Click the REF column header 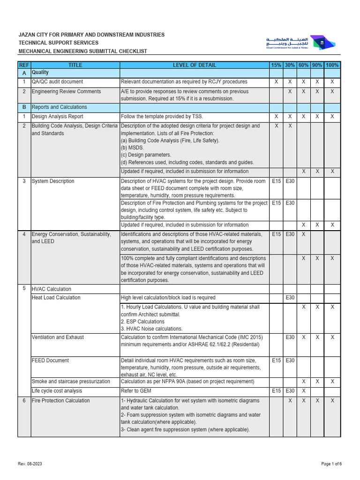23,65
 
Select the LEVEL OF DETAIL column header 195,65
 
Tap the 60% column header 303,65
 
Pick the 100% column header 332,65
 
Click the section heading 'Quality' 40,73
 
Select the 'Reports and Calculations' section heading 59,107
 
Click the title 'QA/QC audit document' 57,82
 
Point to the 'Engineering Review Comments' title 66,91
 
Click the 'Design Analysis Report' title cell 57,116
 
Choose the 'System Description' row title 53,181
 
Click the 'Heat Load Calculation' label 56,298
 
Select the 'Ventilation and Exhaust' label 58,337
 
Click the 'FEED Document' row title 50,360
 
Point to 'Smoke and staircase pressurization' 71,382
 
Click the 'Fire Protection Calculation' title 60,401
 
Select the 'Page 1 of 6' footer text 331,464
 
